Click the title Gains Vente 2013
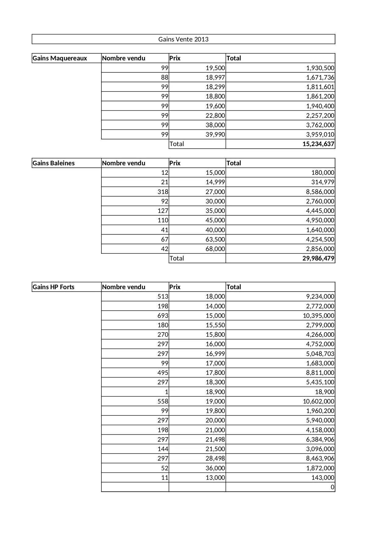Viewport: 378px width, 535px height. tap(183, 39)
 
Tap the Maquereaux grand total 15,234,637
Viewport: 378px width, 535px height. tap(318, 144)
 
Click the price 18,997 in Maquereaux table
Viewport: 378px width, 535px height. tap(215, 77)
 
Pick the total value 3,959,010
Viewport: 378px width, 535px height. tap(320, 135)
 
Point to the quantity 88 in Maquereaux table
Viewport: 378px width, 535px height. tap(164, 77)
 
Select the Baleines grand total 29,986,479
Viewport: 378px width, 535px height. tap(318, 258)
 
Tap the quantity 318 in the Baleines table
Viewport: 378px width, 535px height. tap(163, 192)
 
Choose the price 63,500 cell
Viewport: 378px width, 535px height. tap(215, 239)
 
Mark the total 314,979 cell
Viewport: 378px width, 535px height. tap(323, 182)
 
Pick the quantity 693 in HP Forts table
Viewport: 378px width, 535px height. tap(163, 316)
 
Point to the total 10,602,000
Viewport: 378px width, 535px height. tap(318, 401)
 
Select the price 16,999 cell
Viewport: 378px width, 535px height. tap(215, 354)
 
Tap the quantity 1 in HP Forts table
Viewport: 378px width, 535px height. tap(166, 392)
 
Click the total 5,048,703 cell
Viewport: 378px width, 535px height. tap(320, 354)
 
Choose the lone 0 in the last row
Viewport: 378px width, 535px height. tap(332, 487)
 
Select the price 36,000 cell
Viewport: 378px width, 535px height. tap(215, 468)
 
